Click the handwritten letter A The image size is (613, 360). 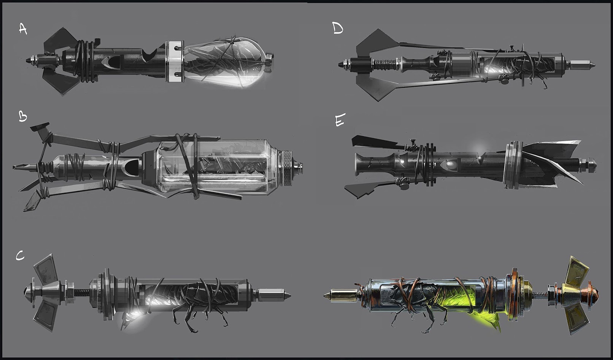coord(23,29)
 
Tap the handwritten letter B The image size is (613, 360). coord(23,117)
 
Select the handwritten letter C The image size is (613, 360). coord(20,256)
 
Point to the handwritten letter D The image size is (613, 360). coord(338,28)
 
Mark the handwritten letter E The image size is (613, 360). coord(340,121)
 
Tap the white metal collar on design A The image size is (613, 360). coord(175,62)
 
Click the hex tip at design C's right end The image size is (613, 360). coord(274,295)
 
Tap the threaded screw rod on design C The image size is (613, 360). coord(83,292)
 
